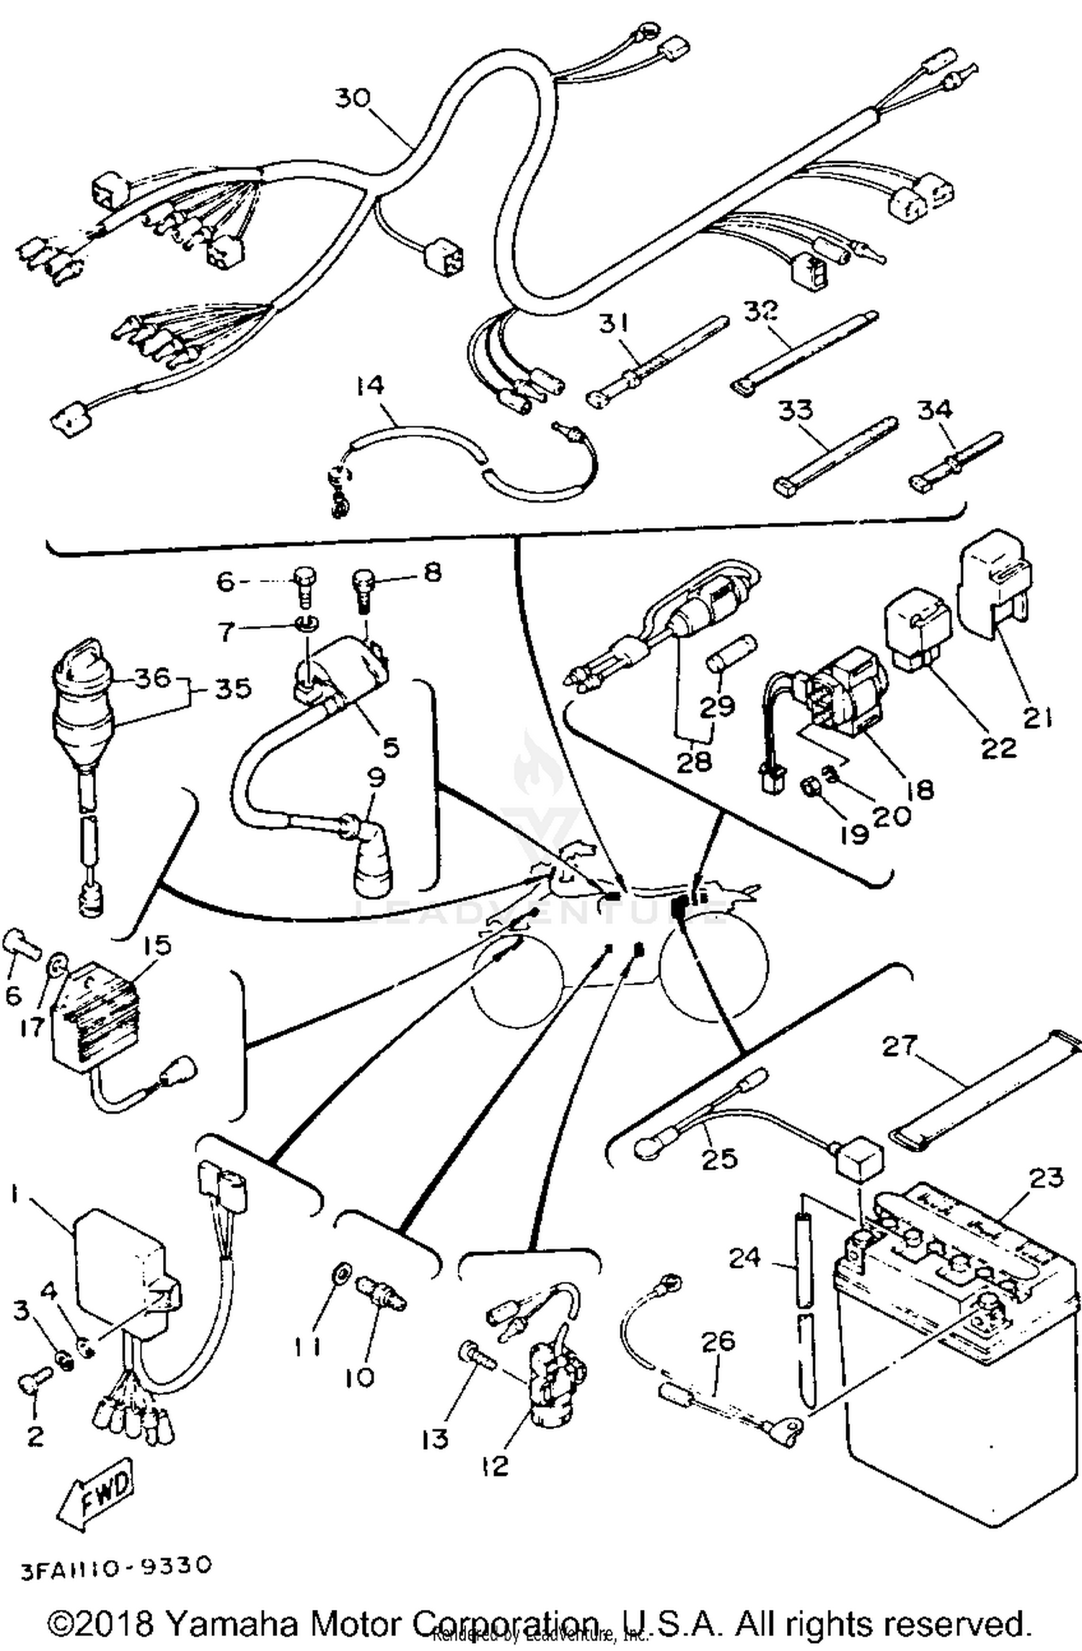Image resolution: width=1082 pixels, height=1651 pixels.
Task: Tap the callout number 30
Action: click(x=353, y=98)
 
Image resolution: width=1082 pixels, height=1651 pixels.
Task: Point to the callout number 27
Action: click(x=900, y=1045)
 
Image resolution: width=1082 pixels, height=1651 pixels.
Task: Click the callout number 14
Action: click(x=369, y=386)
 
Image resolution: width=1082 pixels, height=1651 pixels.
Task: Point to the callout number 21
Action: click(x=1037, y=718)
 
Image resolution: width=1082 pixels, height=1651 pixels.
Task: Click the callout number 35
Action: click(x=234, y=688)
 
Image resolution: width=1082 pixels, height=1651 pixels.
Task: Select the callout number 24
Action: click(x=744, y=1257)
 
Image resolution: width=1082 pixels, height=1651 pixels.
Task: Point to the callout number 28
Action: click(x=694, y=762)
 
